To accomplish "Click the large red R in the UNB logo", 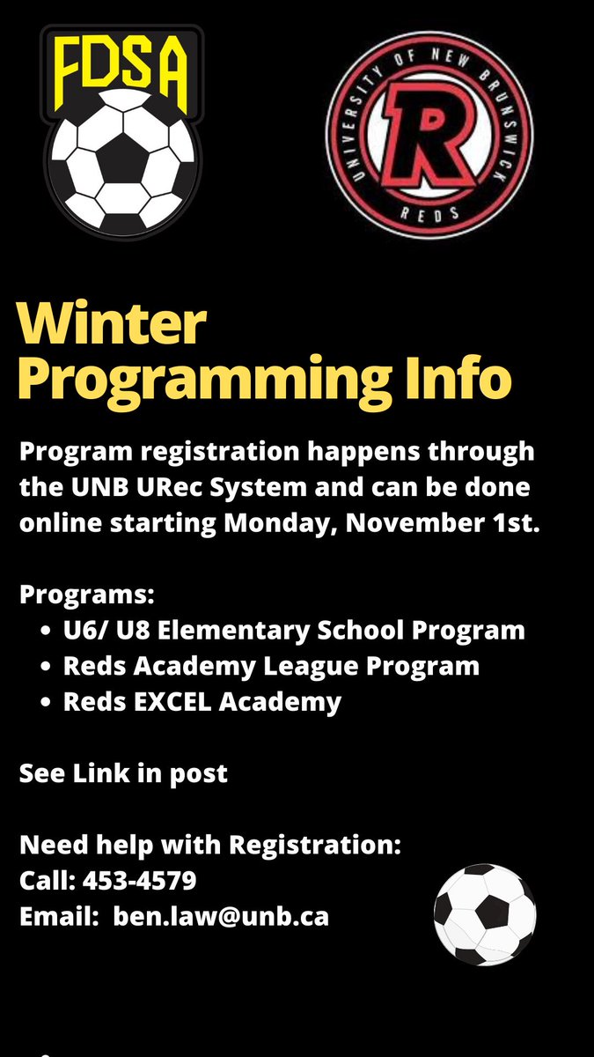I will (429, 132).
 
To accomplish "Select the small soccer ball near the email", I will (484, 913).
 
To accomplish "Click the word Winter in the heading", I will (113, 325).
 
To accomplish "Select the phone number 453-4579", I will (140, 880).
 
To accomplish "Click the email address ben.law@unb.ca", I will (221, 916).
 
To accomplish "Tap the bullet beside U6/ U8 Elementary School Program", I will (47, 632).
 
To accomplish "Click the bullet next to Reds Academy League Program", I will (47, 667).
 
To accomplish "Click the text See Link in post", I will (123, 773).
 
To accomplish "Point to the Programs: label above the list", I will (86, 595).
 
